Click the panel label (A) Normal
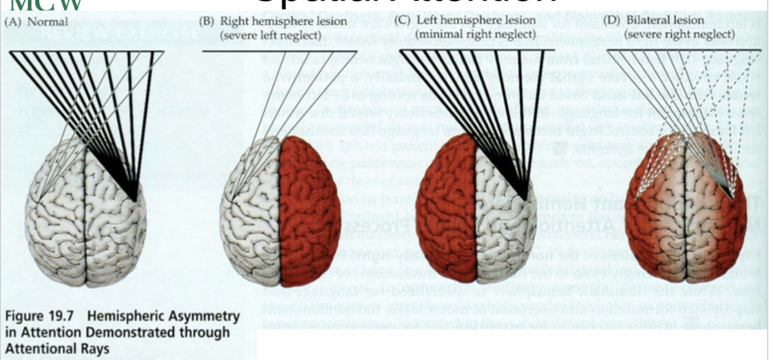coord(36,22)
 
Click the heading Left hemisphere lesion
coord(474,20)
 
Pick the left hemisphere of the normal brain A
coord(56,218)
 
